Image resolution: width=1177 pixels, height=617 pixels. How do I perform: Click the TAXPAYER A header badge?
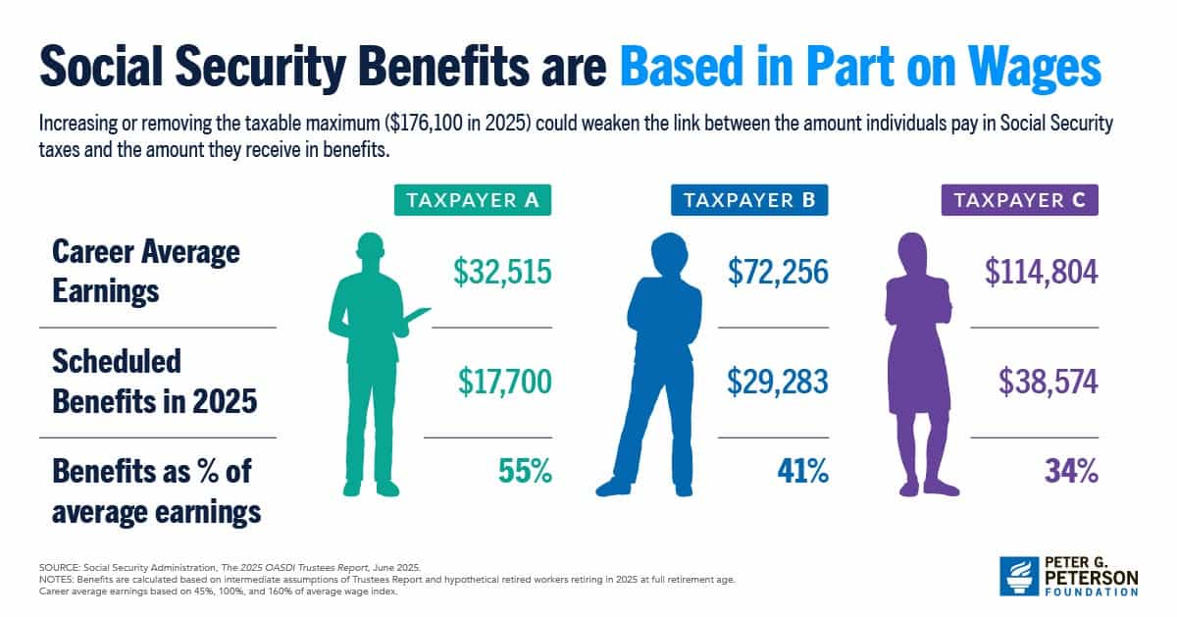[x=472, y=201]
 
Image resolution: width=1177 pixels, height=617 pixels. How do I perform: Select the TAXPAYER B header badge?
[x=749, y=201]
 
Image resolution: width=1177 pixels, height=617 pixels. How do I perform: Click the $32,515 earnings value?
[x=502, y=274]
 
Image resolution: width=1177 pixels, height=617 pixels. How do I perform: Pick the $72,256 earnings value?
[x=778, y=274]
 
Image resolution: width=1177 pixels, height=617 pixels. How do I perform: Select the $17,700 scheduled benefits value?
[x=504, y=382]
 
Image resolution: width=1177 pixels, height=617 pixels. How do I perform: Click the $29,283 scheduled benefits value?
[x=778, y=382]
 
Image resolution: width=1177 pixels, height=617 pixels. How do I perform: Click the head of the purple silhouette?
[x=917, y=254]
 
